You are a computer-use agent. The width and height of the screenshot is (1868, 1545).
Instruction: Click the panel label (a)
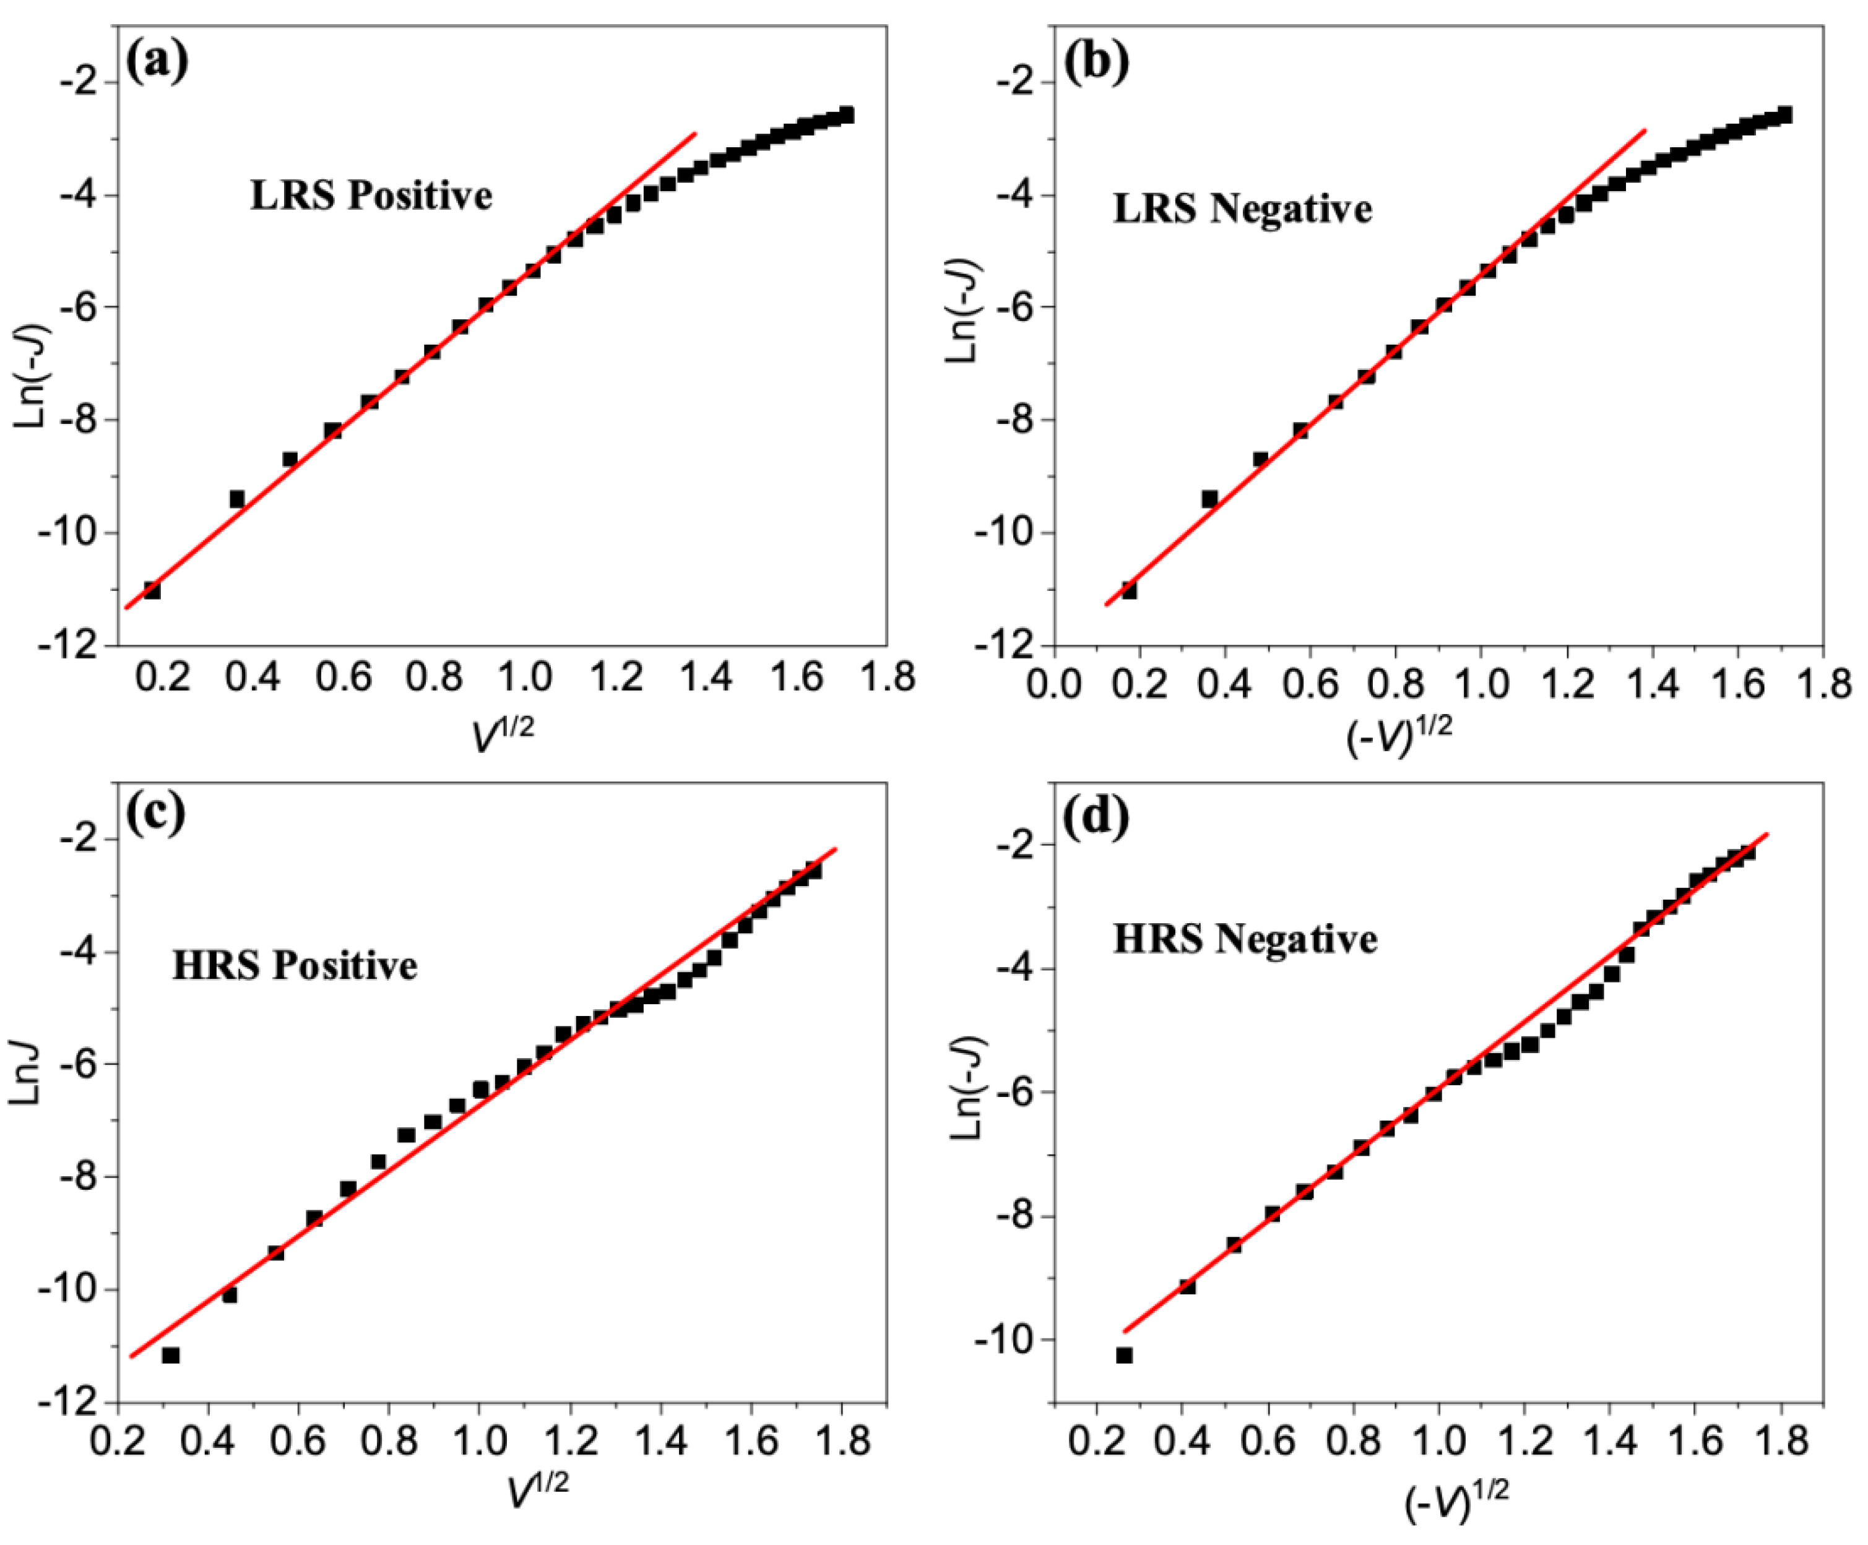click(157, 62)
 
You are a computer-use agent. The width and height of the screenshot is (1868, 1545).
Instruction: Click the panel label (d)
click(1096, 817)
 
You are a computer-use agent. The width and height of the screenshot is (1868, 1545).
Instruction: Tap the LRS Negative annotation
click(1242, 209)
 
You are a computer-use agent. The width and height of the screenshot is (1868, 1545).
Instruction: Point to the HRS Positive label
click(295, 965)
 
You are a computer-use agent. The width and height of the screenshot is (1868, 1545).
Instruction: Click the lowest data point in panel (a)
click(152, 590)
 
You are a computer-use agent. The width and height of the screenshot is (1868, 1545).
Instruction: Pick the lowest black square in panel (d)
click(1125, 1356)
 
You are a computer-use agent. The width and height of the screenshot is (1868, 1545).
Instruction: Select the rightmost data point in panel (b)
click(1784, 114)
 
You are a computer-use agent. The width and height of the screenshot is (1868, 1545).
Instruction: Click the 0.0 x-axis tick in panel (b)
click(1056, 683)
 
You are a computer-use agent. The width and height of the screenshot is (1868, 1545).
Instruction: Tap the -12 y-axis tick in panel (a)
click(78, 646)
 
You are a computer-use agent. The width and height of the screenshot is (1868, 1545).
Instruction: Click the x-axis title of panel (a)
click(503, 734)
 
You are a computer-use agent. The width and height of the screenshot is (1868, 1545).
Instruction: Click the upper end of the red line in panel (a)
click(694, 134)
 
